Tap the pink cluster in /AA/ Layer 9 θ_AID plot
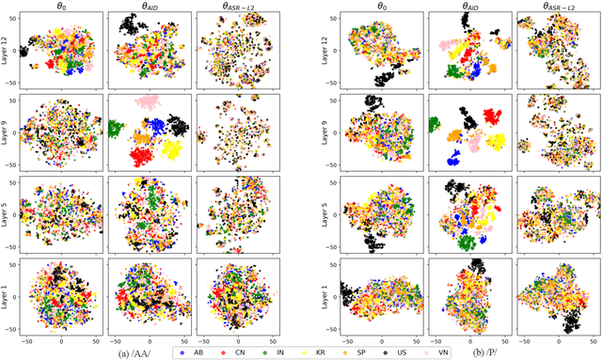pyautogui.click(x=147, y=102)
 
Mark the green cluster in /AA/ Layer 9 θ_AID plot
pyautogui.click(x=119, y=129)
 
